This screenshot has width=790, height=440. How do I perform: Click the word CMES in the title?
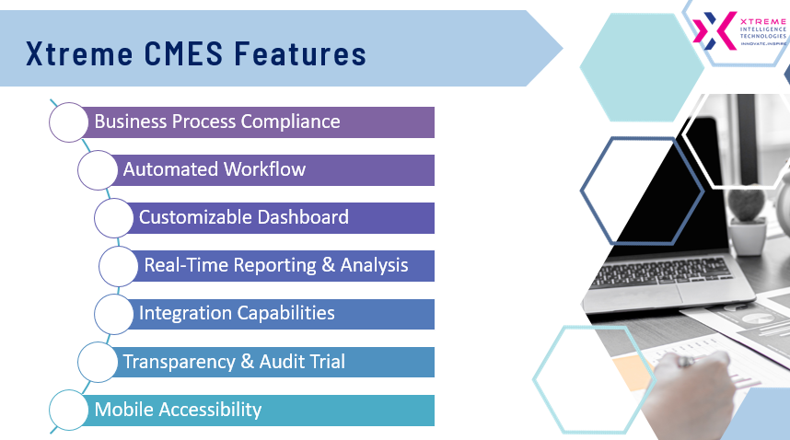pos(183,53)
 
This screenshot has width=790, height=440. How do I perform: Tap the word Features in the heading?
pos(300,53)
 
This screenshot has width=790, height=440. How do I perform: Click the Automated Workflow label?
pos(215,169)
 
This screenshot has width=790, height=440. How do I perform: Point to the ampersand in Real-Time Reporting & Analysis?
pos(328,265)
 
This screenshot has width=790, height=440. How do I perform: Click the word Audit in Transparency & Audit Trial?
pos(281,362)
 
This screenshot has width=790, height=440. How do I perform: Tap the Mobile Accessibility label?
pos(178,410)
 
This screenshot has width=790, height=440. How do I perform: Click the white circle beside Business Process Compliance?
pos(68,122)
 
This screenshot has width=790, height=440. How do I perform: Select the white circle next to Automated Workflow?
pos(98,170)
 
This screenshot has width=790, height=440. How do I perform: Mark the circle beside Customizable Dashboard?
pos(114,218)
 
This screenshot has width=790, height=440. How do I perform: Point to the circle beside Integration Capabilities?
pos(114,314)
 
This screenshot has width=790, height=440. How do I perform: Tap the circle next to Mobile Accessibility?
pos(68,410)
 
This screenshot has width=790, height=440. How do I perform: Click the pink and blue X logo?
pos(714,30)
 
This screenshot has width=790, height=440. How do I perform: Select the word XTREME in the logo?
pos(763,22)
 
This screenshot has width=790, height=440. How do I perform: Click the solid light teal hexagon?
pos(642,67)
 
